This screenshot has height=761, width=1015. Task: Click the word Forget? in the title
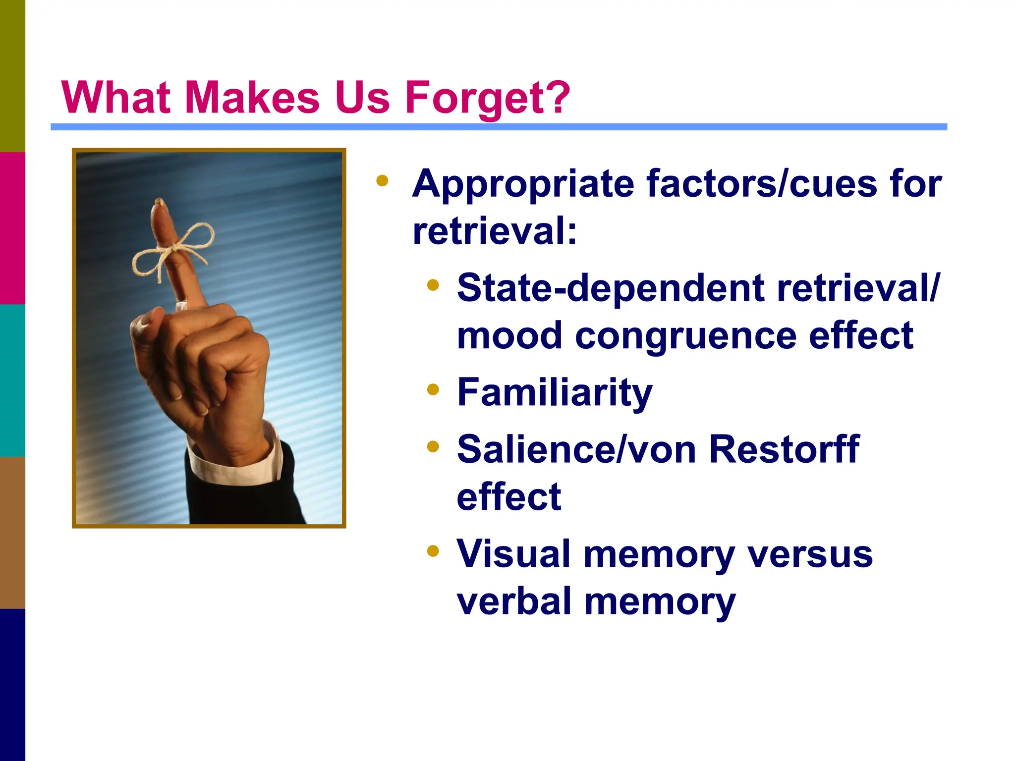[488, 98]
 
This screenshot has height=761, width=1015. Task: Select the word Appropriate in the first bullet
[523, 184]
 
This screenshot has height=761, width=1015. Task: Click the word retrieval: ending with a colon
[495, 231]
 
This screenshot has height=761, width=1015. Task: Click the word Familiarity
[554, 392]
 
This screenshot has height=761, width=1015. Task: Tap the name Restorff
[784, 449]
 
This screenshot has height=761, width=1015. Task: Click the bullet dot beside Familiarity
[433, 390]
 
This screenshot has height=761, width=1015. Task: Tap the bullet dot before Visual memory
[433, 551]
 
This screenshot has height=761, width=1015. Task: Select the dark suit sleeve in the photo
[248, 500]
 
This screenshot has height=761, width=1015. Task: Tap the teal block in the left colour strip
[12, 380]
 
